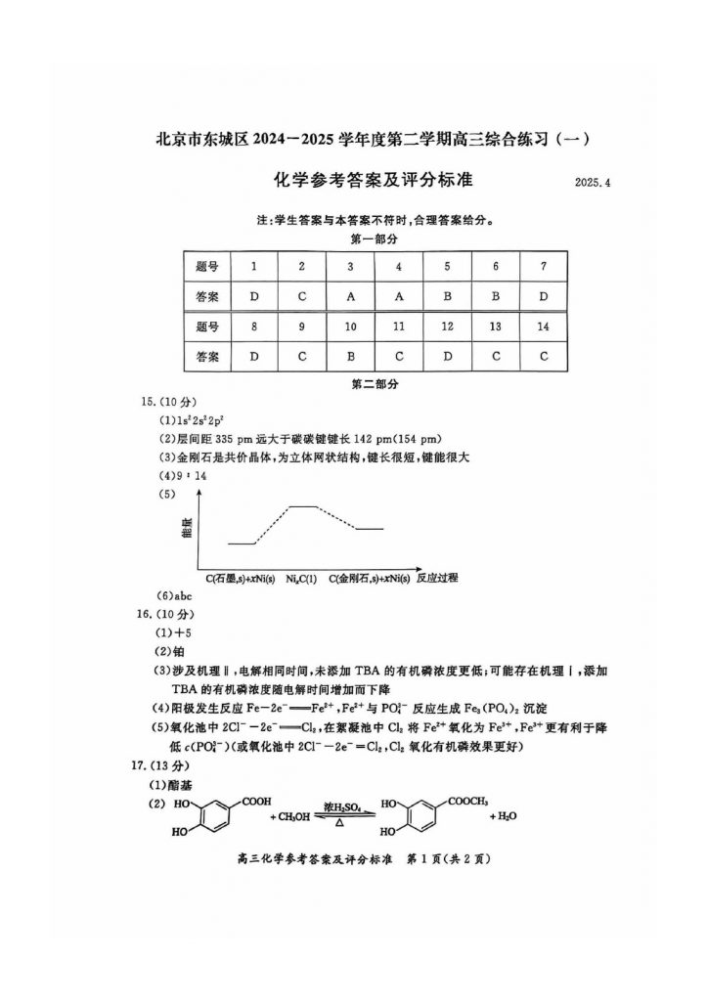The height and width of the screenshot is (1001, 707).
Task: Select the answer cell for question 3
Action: coord(350,295)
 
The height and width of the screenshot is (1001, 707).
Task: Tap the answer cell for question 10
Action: coord(350,356)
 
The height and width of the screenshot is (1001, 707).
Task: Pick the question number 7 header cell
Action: coord(543,266)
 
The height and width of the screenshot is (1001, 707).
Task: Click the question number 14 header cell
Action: coord(543,326)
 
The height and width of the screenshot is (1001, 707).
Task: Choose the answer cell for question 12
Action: coord(447,356)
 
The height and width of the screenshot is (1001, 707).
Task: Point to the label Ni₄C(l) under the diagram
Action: coord(301,579)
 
